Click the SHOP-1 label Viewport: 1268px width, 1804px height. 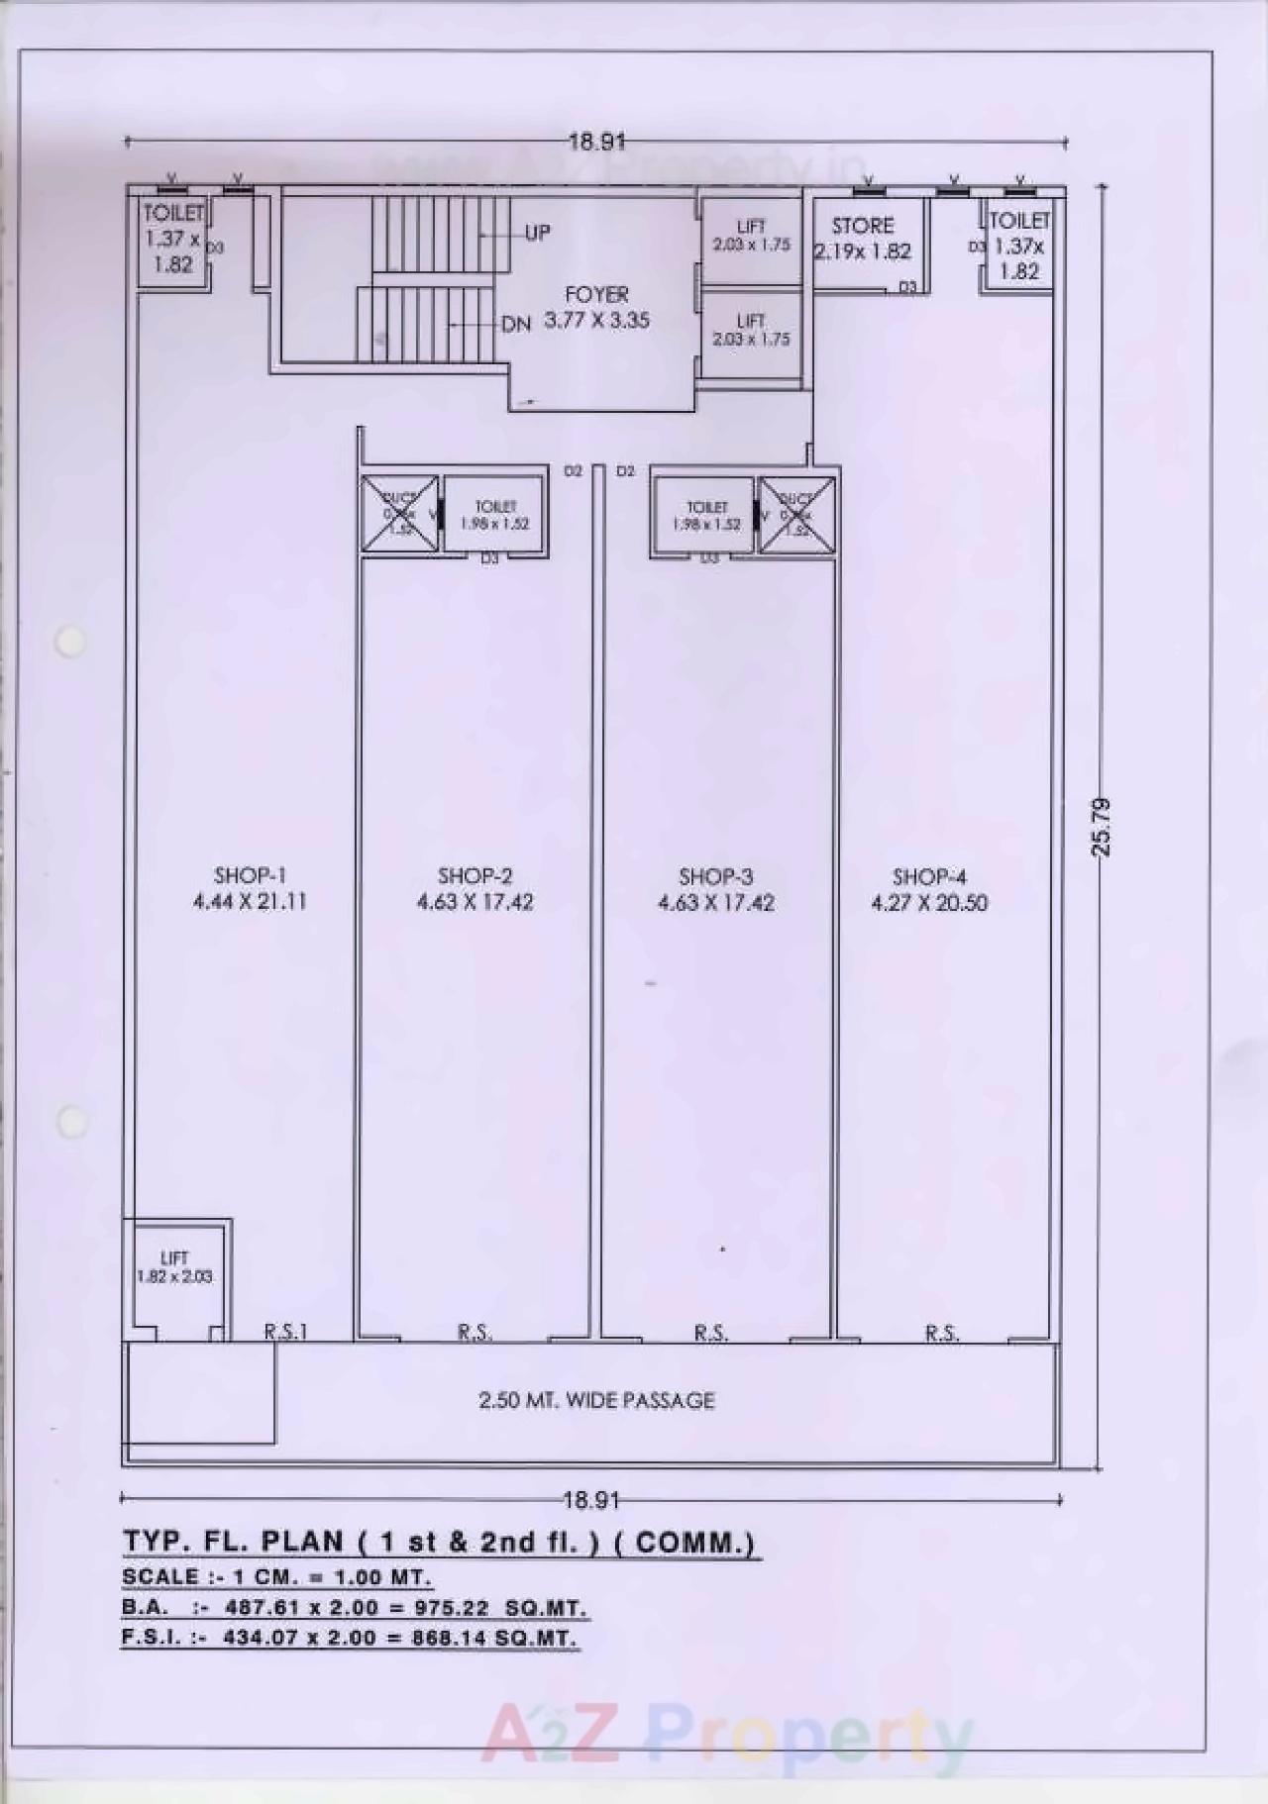(250, 875)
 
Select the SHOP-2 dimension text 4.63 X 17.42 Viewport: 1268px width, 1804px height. (475, 902)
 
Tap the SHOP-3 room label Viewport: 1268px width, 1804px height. (715, 876)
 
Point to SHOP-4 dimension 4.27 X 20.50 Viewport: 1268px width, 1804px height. (928, 903)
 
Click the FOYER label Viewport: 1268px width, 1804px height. (596, 295)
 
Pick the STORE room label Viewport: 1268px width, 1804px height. (862, 226)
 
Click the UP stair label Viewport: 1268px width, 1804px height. (537, 233)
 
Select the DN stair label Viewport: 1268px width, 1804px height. (516, 324)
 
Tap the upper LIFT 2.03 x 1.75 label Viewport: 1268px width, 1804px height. (751, 236)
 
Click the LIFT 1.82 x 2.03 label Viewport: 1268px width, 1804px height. (174, 1267)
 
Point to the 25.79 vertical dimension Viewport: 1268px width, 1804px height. (1102, 826)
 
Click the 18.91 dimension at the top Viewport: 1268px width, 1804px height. (596, 142)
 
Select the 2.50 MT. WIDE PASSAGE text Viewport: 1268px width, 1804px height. (596, 1400)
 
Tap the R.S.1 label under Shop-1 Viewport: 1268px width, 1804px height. (285, 1332)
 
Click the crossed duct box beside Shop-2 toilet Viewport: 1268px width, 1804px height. (399, 514)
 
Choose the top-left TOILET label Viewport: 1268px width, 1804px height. (173, 213)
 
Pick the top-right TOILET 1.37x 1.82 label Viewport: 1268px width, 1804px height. (1018, 246)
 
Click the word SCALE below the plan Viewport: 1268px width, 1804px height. (159, 1576)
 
